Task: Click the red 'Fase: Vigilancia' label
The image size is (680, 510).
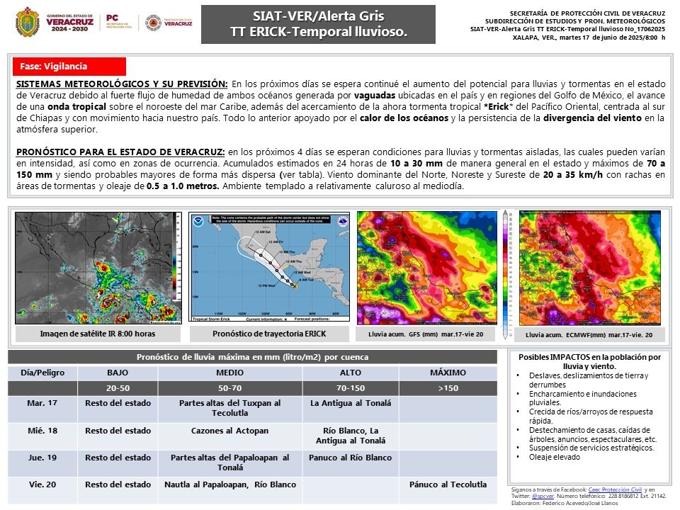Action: click(69, 67)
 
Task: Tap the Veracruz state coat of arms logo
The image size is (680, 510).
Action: click(27, 22)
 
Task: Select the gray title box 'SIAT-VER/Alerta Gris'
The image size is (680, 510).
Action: click(318, 24)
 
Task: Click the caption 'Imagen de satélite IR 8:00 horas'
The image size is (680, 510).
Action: click(98, 334)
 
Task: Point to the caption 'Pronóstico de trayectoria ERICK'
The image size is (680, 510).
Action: click(269, 334)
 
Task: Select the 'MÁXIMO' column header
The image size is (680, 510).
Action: click(448, 373)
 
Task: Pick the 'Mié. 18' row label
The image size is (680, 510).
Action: click(42, 431)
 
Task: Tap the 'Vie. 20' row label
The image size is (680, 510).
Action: click(42, 485)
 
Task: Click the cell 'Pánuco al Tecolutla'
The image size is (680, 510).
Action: click(448, 485)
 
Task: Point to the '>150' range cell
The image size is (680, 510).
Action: click(448, 387)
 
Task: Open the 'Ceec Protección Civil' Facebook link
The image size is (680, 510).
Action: click(615, 489)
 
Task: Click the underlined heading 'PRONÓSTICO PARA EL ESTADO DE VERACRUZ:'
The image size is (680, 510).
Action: click(120, 152)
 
